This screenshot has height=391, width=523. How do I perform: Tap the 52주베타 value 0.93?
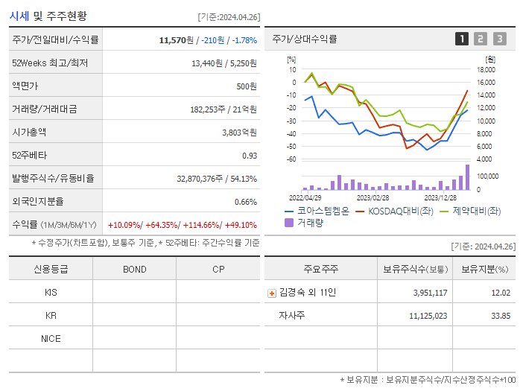(249, 155)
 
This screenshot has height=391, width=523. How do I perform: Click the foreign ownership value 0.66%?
(245, 201)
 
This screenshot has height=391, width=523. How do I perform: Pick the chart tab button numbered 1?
(462, 39)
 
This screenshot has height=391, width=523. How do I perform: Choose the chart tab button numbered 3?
(499, 39)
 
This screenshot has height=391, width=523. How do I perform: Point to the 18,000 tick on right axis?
(486, 69)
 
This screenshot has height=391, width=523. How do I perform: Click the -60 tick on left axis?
(292, 159)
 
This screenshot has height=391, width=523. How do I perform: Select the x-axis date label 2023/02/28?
(373, 198)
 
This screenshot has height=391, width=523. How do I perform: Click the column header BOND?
(134, 269)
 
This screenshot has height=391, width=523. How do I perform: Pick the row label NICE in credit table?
(51, 339)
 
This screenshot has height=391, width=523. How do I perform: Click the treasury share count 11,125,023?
(428, 316)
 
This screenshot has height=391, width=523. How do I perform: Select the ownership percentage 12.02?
(501, 293)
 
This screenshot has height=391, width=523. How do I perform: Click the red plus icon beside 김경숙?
(271, 293)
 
